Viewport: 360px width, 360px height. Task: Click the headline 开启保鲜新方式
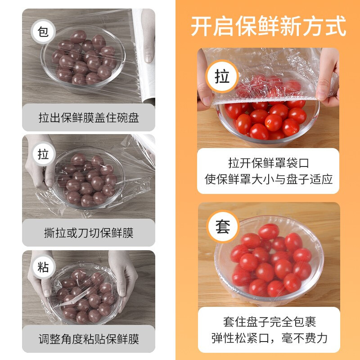coord(269,26)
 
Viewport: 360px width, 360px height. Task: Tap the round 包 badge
coord(43,32)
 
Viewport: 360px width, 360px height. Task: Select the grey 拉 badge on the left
coord(43,154)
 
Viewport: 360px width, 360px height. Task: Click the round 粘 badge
coord(43,267)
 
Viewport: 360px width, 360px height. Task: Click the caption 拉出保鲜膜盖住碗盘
coord(89,118)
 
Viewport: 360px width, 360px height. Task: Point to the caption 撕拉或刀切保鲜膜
coord(89,233)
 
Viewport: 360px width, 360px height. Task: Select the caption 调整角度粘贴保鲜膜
coord(89,339)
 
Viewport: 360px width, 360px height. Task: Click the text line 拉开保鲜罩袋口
coord(269,163)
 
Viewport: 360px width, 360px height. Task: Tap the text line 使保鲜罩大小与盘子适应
coord(269,179)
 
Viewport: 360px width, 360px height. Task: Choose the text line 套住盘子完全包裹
coord(269,322)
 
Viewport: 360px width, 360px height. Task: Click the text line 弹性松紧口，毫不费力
coord(269,337)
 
